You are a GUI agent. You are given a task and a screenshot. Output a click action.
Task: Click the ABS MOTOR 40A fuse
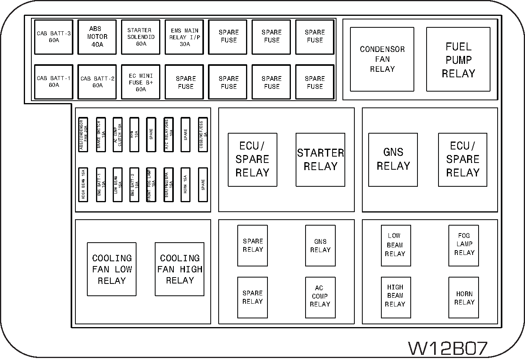coord(97,37)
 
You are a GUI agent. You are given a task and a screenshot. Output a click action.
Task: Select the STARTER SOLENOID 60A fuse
coord(140,37)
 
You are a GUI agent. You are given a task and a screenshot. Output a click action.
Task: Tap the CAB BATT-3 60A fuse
coord(54,37)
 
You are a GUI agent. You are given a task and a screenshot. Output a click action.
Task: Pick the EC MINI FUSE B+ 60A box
coord(140,82)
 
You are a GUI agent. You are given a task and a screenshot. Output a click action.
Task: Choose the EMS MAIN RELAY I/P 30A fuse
coord(184,37)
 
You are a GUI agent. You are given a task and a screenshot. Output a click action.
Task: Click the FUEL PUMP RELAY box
coord(458,59)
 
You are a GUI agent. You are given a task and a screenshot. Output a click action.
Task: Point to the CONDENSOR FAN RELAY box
coord(382,59)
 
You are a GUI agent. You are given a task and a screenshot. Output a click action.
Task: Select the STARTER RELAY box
coord(320,160)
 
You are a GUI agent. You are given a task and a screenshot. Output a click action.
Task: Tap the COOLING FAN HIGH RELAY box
coord(179,269)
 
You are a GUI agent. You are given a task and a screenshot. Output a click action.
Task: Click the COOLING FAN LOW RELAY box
coord(112,269)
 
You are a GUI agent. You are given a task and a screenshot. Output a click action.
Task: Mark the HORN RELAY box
coord(464,298)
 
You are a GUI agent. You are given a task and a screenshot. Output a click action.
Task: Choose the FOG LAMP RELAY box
coord(464,246)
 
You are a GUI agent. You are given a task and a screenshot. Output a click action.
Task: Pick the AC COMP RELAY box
coord(320,298)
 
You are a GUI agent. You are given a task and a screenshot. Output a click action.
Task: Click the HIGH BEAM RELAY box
coord(396,298)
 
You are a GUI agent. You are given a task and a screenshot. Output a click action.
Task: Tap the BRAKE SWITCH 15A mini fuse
coord(101,135)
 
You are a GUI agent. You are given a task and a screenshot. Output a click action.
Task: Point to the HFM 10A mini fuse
coord(135,135)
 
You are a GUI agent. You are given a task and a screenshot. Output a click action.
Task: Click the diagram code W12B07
coord(448,348)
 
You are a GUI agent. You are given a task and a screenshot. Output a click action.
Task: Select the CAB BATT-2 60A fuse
coord(97,82)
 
